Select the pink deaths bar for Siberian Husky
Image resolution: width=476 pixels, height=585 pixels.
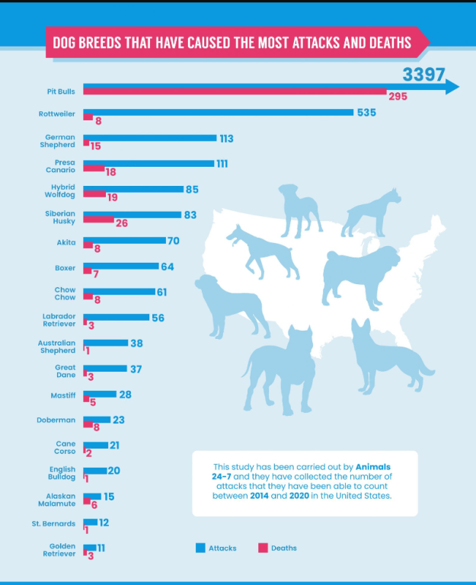98,220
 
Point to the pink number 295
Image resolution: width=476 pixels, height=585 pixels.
398,97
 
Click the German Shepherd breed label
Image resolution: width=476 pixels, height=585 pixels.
59,141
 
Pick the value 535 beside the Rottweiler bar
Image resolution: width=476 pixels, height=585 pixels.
366,113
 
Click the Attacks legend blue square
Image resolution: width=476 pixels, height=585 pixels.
201,548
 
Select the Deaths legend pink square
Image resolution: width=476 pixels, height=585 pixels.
264,548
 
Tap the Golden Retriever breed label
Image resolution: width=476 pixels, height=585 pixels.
59,550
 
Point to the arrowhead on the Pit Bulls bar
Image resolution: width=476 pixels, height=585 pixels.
452,87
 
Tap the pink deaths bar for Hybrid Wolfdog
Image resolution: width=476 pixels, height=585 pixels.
94,195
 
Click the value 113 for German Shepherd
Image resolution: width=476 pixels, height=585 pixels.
225,139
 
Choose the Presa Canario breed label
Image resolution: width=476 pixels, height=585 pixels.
61,166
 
